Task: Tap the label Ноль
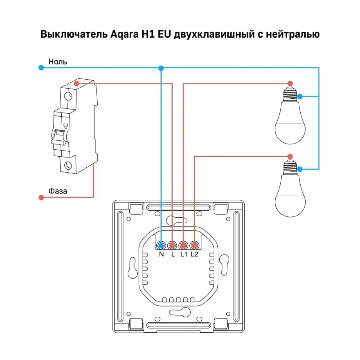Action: (x=58, y=62)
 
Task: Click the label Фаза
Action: (x=58, y=191)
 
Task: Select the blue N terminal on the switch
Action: (x=161, y=246)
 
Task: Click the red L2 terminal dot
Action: (x=194, y=246)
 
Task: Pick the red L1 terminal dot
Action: (x=183, y=246)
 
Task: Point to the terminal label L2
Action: (x=194, y=255)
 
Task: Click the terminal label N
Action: (x=161, y=255)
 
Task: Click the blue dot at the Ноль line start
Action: (x=41, y=67)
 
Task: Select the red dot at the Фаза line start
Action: (x=41, y=197)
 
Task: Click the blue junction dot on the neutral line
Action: (x=161, y=68)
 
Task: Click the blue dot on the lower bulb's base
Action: (x=300, y=168)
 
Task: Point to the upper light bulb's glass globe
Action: (x=290, y=126)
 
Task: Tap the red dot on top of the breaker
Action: (x=76, y=84)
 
